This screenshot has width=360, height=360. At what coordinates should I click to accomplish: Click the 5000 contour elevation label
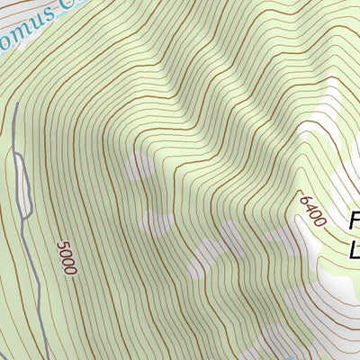click(67, 257)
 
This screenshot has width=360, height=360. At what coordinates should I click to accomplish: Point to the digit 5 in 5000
click(61, 244)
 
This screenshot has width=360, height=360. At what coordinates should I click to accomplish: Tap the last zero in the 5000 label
click(72, 270)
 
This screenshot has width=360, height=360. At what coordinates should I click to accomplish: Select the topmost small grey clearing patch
click(139, 167)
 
